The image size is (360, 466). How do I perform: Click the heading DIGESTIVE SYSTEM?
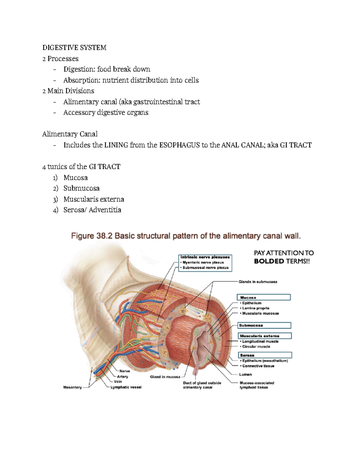pyautogui.click(x=74, y=48)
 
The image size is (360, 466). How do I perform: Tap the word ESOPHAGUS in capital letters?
pyautogui.click(x=179, y=145)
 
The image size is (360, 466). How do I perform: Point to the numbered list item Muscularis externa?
pyautogui.click(x=94, y=199)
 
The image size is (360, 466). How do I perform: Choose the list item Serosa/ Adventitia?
pyautogui.click(x=92, y=210)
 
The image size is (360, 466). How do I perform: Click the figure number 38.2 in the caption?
pyautogui.click(x=104, y=236)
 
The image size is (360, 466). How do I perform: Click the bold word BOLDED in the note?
pyautogui.click(x=269, y=261)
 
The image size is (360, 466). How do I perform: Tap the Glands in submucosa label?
pyautogui.click(x=258, y=282)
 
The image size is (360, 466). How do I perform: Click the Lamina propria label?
pyautogui.click(x=256, y=308)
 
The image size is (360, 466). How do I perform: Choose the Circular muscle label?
pyautogui.click(x=256, y=347)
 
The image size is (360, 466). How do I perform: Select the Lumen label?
pyautogui.click(x=245, y=374)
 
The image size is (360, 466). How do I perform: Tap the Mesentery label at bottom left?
pyautogui.click(x=72, y=387)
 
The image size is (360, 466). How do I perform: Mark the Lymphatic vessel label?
pyautogui.click(x=126, y=387)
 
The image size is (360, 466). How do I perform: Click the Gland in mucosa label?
pyautogui.click(x=165, y=377)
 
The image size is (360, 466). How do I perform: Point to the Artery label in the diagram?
pyautogui.click(x=123, y=377)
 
